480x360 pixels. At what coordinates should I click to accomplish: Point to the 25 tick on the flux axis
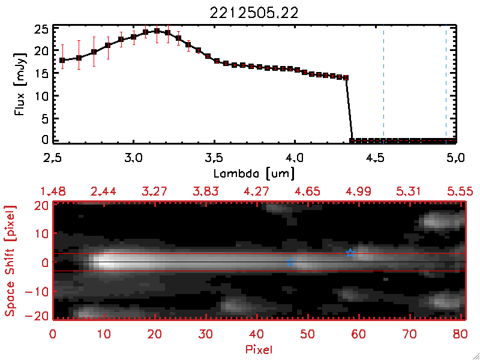pos(42,29)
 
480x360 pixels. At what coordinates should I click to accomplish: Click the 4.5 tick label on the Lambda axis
pos(376,159)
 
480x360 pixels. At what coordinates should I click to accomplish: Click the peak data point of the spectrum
pos(157,31)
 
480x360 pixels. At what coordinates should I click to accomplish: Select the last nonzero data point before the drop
pos(346,77)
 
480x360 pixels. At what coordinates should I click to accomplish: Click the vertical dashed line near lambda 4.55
pos(383,84)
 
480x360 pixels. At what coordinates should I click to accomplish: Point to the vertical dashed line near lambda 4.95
pos(446,84)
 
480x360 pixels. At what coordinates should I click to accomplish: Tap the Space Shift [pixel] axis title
pos(10,261)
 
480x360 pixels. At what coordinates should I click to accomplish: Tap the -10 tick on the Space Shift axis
pos(41,291)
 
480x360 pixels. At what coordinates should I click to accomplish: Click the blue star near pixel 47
pos(291,262)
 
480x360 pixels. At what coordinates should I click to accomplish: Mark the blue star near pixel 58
pos(350,253)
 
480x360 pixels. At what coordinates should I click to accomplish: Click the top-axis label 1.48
pos(53,191)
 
